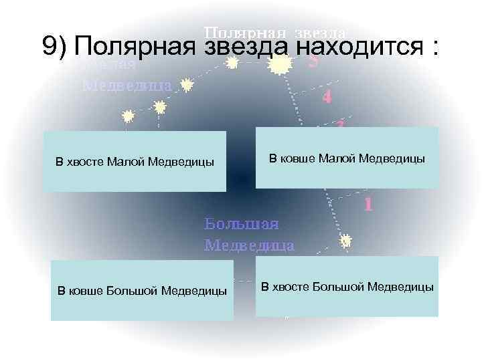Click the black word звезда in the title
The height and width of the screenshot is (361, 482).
tap(244, 46)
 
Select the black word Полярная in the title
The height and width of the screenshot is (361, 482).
tap(135, 46)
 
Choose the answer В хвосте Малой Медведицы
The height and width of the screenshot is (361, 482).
tap(135, 161)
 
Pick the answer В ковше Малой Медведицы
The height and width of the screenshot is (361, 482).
tap(347, 158)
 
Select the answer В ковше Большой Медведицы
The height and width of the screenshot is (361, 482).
tap(142, 291)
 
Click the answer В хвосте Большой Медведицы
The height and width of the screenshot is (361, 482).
tap(347, 287)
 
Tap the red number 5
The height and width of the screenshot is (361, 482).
tap(313, 62)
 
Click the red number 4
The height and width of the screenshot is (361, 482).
tap(326, 97)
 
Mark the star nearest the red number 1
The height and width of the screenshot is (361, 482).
tap(346, 241)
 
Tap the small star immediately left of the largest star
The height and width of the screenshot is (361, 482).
tap(232, 64)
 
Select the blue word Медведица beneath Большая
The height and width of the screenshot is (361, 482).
tap(248, 245)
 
